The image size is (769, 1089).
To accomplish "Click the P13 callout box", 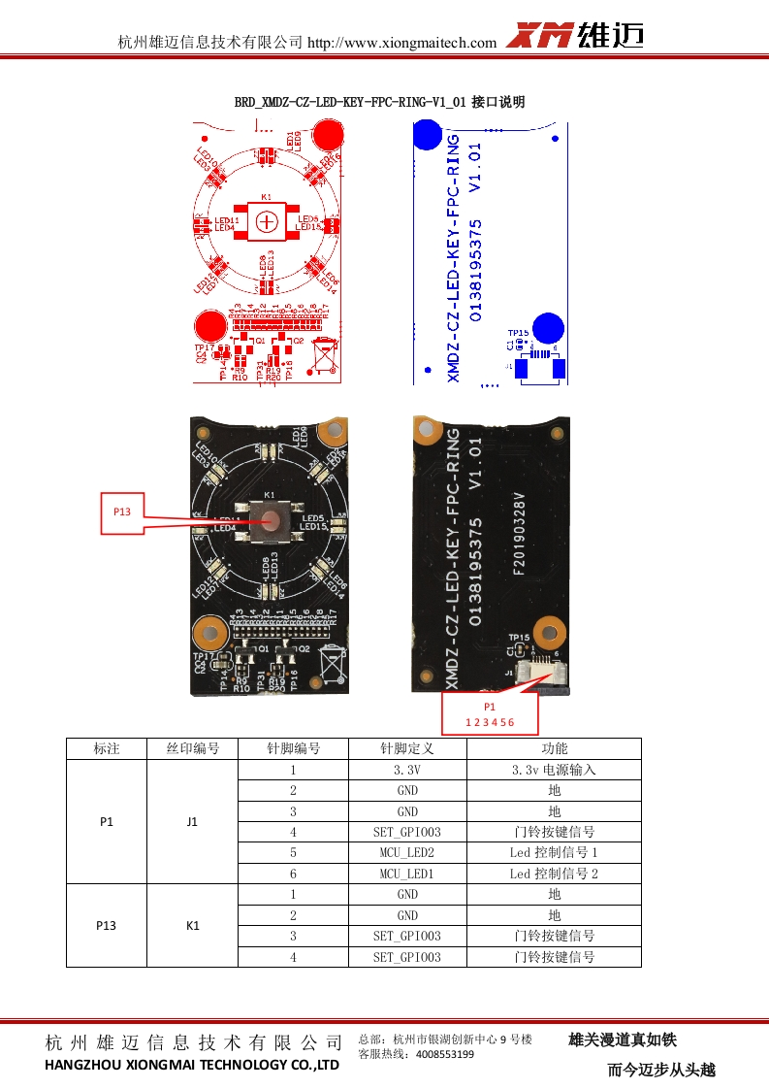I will pos(122,512).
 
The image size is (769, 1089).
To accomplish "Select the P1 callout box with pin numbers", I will pos(489,714).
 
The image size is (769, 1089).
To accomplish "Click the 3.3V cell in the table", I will pos(407,770).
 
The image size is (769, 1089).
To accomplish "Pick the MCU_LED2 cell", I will pos(407,852).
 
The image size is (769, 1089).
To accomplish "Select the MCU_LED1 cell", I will pos(407,874).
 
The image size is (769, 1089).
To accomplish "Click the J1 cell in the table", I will pos(192,821).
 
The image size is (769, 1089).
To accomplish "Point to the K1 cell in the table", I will pos(192,925).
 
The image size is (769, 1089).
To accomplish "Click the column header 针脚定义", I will pos(407,748).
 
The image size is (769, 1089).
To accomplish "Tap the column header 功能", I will pos(554,748).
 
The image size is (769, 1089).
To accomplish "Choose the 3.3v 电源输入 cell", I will pos(554,770).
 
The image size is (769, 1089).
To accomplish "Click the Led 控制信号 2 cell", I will pos(554,874).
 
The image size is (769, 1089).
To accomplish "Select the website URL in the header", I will pos(401,43).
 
